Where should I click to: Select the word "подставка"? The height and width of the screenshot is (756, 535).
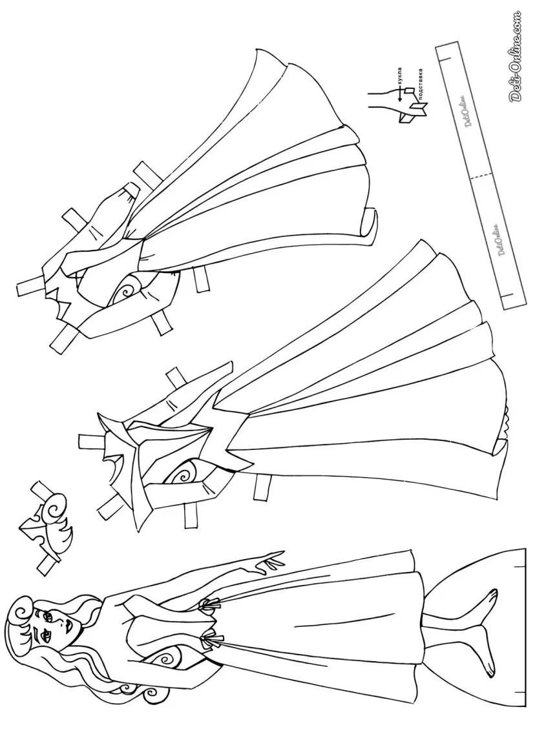[421, 85]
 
